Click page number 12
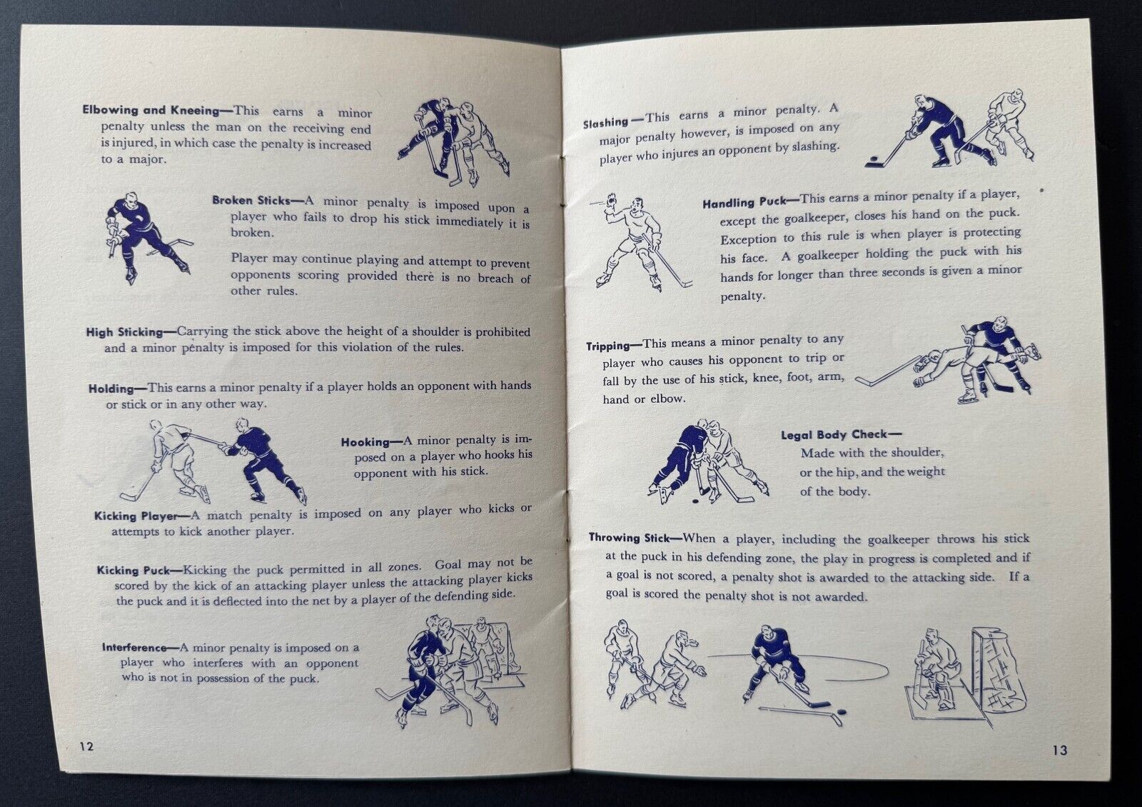pos(86,746)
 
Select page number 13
pos(1060,750)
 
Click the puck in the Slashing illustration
pos(874,159)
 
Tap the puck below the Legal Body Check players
pos(695,501)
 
